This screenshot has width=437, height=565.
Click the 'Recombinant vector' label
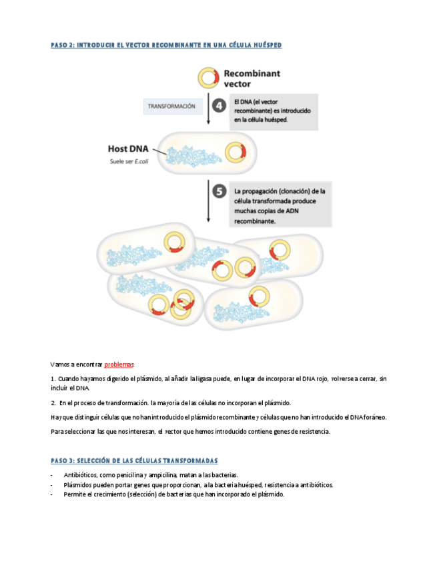coord(252,79)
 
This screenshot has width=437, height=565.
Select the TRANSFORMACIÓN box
coord(171,107)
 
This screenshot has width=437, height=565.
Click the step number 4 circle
coord(219,106)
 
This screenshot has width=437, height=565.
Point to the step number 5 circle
coord(219,191)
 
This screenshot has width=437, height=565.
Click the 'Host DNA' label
coord(128,149)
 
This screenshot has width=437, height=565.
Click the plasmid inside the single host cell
coord(235,153)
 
